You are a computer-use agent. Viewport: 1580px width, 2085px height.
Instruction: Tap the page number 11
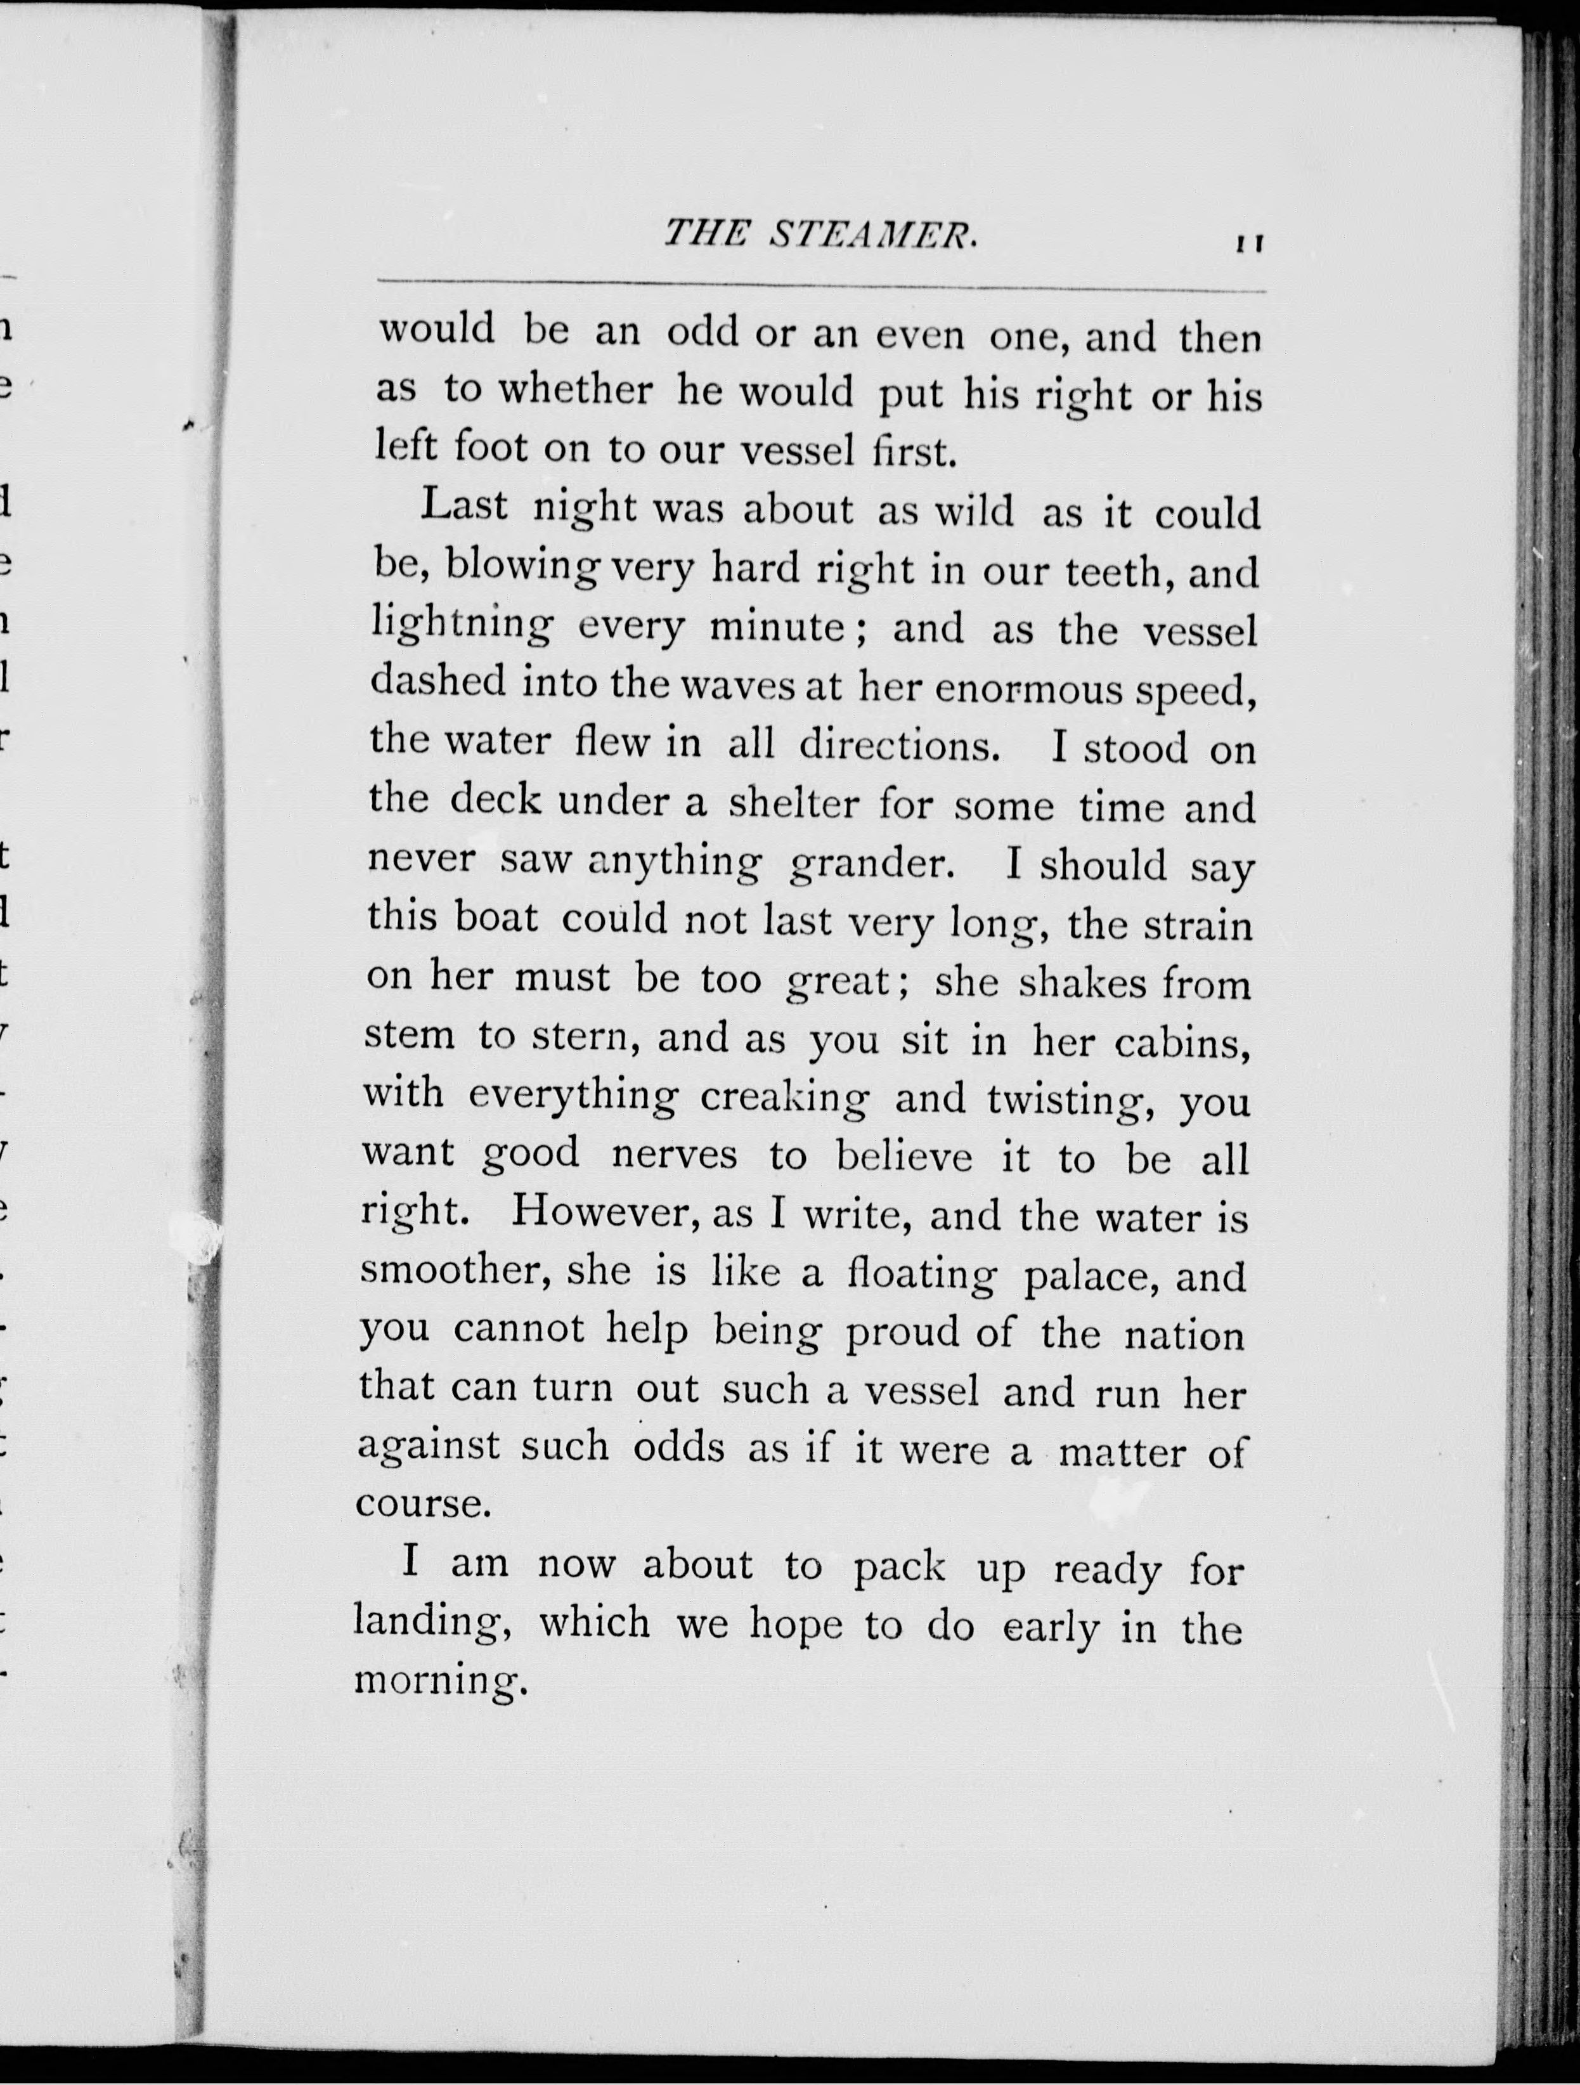[1250, 244]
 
